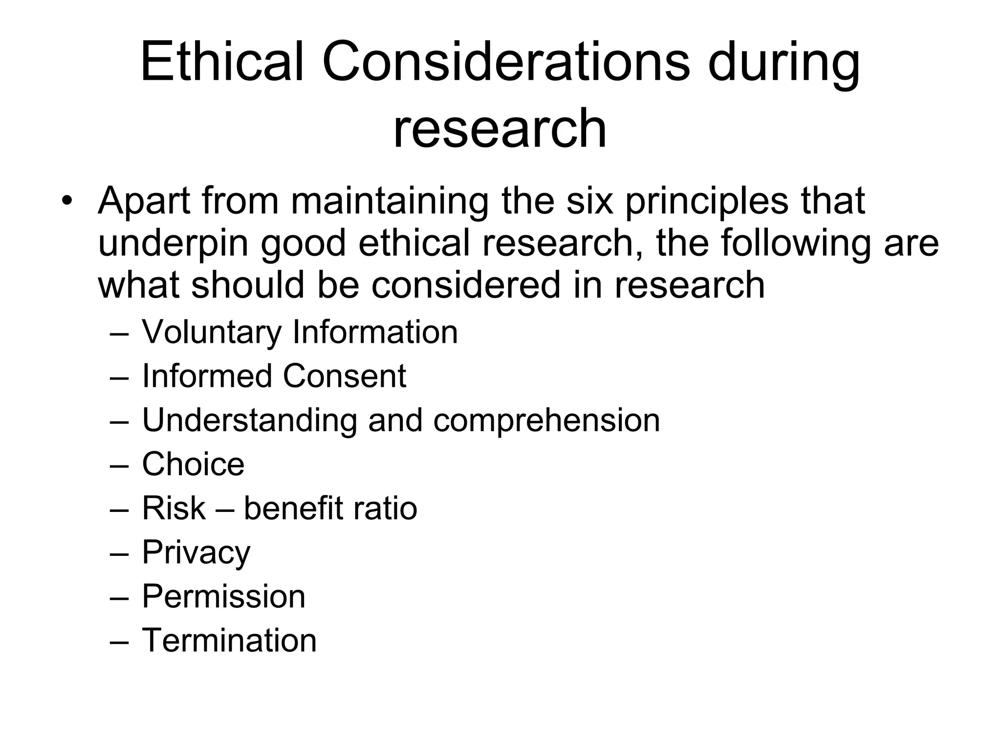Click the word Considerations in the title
506,63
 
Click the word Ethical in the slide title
222,63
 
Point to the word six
589,200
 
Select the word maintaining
390,201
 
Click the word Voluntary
212,333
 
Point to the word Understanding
249,420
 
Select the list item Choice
193,464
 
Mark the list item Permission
223,596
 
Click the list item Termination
229,641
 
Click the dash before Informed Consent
119,377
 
